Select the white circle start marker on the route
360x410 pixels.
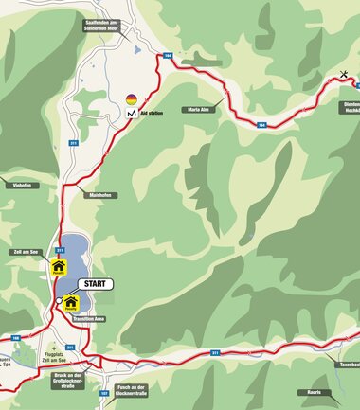(59, 301)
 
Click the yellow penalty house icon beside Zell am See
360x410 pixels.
(58, 267)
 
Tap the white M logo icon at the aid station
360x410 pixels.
(131, 114)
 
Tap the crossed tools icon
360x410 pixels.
(343, 75)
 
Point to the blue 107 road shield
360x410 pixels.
(103, 391)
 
